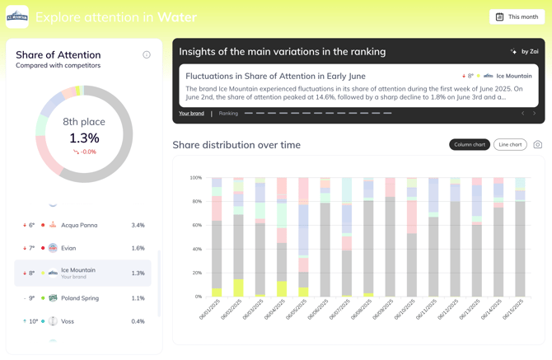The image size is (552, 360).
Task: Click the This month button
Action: tap(517, 16)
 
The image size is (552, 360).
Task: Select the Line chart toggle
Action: tap(510, 145)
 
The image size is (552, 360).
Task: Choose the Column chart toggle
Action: tap(470, 145)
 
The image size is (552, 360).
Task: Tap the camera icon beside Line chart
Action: tap(537, 145)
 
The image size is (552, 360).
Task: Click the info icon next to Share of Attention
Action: tap(147, 55)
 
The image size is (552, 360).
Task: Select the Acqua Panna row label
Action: tap(79, 225)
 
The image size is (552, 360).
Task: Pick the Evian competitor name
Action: tap(68, 248)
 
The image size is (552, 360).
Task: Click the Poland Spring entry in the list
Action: tap(79, 298)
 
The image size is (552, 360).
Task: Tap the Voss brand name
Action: tap(68, 321)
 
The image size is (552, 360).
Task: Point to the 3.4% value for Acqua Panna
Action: tap(138, 225)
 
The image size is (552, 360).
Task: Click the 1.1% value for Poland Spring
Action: tap(138, 298)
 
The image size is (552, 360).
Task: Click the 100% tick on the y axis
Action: tap(195, 178)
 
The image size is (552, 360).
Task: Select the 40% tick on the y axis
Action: tap(197, 249)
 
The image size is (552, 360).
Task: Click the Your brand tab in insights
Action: tap(191, 114)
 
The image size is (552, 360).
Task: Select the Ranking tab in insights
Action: tap(228, 114)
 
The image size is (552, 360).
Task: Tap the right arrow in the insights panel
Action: tap(534, 114)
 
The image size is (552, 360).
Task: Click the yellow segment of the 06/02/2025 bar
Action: tap(238, 288)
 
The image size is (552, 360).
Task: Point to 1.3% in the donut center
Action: tap(84, 138)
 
